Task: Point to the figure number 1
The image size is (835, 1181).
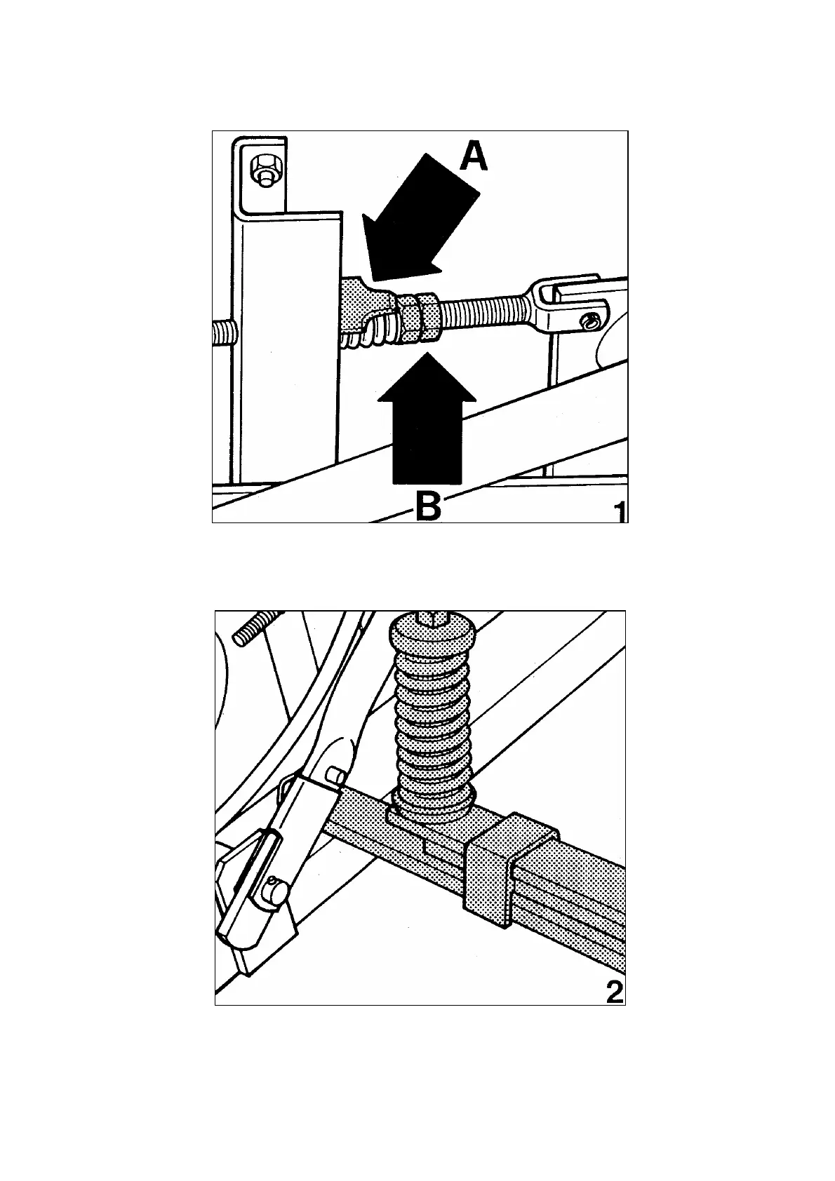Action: (x=619, y=511)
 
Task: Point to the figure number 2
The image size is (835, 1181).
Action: (x=613, y=992)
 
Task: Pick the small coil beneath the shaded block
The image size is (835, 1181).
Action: (x=365, y=335)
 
